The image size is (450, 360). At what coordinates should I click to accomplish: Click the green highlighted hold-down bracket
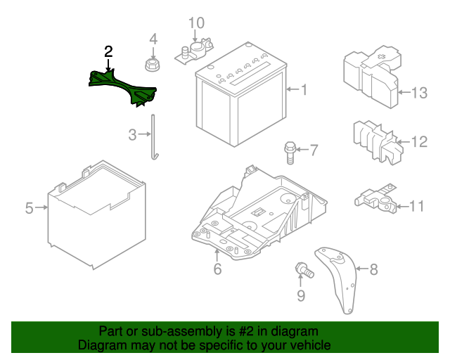pos(123,87)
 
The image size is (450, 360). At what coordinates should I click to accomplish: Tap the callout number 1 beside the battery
pos(304,89)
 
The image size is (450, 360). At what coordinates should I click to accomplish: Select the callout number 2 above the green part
pos(108,51)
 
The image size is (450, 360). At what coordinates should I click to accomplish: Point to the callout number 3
pos(133,134)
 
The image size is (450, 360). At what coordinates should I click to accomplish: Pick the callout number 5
pos(29,208)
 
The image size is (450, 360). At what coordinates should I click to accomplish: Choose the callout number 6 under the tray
pos(217,269)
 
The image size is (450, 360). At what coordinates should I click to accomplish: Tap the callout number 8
pos(373,268)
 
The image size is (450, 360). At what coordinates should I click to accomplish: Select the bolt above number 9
pos(304,269)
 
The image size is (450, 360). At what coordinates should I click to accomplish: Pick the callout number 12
pos(419,143)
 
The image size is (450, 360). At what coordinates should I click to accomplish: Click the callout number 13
pos(419,92)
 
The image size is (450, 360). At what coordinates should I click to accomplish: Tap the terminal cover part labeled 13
pos(368,73)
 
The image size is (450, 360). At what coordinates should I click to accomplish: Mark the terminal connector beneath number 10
pos(195,51)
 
